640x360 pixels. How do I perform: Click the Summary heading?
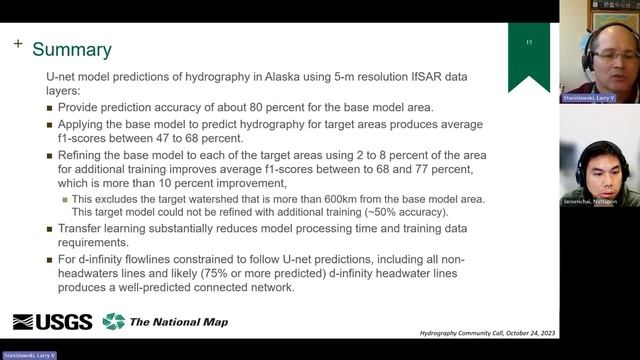coord(72,49)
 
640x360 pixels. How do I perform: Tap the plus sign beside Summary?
coord(18,44)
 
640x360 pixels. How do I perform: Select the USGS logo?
coord(52,321)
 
